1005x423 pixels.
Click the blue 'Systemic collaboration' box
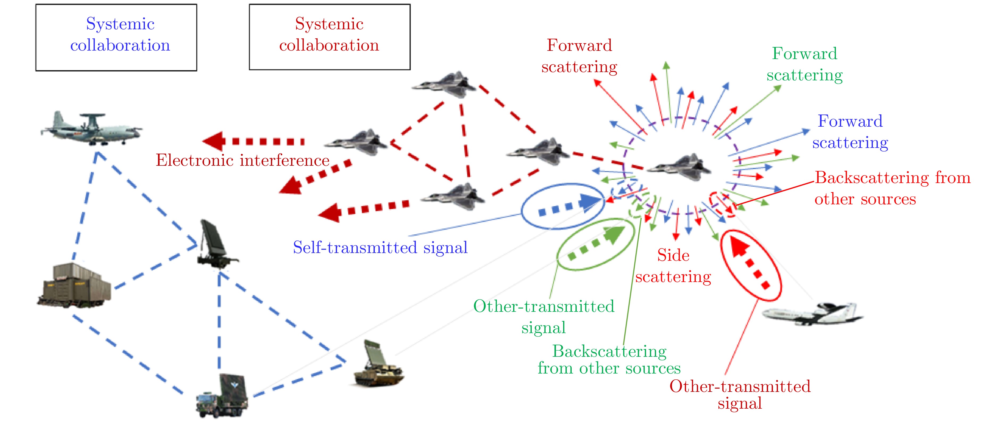point(116,38)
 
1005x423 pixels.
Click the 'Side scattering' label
point(673,266)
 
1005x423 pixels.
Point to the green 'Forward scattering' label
point(805,64)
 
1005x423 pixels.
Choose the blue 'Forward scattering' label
point(850,132)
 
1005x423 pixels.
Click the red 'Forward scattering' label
point(579,56)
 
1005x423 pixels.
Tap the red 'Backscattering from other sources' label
point(892,188)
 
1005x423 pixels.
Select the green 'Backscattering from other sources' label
point(609,360)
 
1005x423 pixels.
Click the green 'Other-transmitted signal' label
point(543,317)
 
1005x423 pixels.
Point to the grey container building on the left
point(74,285)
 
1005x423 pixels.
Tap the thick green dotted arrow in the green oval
point(597,244)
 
